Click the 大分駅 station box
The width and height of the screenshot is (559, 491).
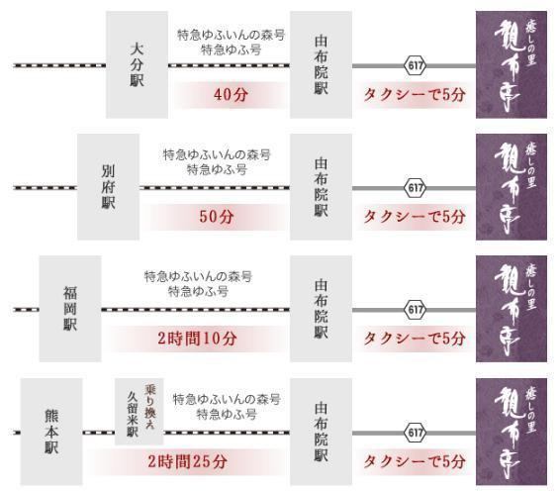[137, 64]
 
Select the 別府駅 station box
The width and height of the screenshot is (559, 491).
[109, 187]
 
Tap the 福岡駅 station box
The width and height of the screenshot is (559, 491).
[70, 309]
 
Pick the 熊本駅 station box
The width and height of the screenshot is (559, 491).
[51, 432]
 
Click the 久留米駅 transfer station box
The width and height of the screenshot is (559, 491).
[140, 412]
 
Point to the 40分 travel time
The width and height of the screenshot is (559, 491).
[231, 95]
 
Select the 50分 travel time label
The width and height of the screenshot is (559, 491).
[217, 217]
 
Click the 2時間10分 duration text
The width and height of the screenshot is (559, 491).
[197, 339]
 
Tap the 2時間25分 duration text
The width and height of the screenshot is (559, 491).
[188, 461]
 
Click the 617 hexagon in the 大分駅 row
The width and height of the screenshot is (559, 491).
[415, 65]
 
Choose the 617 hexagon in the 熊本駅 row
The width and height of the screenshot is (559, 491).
[415, 433]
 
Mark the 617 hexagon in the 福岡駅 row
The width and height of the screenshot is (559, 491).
[415, 310]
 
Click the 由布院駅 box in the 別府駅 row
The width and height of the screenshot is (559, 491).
[322, 187]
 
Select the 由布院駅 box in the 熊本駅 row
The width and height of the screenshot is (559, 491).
[322, 432]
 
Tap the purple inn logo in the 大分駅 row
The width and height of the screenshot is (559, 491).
[512, 64]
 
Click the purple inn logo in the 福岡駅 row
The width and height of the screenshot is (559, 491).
[512, 309]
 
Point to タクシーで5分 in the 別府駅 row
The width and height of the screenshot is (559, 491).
[415, 217]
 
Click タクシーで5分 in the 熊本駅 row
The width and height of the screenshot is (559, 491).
[415, 461]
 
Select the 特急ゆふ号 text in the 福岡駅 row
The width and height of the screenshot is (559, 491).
[198, 292]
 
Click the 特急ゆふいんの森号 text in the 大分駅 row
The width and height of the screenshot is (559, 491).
[232, 35]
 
